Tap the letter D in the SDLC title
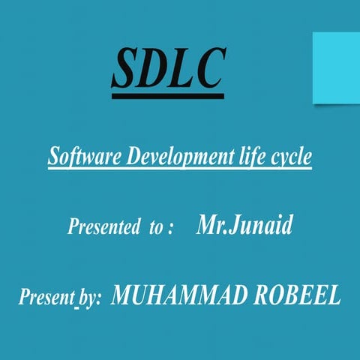tap(156, 70)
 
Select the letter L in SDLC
tap(182, 70)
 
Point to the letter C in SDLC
tap(208, 70)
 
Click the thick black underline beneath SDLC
tap(168, 96)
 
